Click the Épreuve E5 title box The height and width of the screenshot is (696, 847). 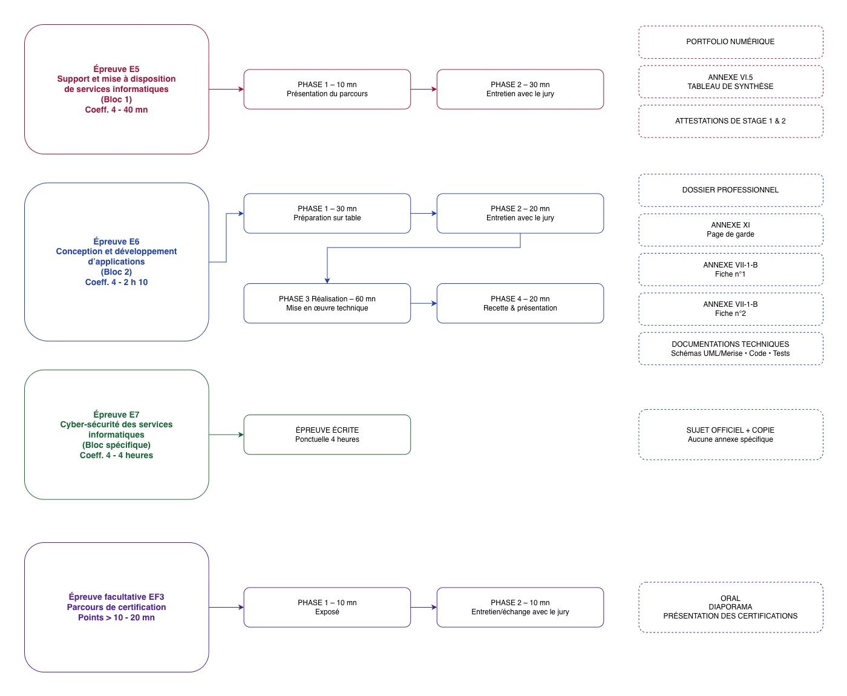[116, 89]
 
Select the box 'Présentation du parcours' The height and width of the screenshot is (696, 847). [327, 89]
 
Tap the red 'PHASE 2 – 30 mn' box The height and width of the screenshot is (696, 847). [520, 89]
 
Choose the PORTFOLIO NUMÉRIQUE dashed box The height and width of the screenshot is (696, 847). [730, 42]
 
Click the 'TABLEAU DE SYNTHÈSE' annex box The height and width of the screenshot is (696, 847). [730, 82]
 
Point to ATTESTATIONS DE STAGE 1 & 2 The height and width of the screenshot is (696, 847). [730, 121]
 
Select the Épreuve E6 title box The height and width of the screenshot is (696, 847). [116, 261]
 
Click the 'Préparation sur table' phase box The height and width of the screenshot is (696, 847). [327, 213]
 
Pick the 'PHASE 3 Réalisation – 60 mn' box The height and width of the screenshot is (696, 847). [327, 303]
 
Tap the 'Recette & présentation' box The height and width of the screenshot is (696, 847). [520, 303]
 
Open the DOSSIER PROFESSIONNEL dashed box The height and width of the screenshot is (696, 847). [730, 190]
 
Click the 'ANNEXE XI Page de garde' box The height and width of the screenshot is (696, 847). [730, 229]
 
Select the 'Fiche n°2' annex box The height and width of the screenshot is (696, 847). [730, 309]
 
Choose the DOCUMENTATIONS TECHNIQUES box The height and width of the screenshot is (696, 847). [730, 349]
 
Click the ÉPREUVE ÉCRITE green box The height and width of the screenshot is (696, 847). [327, 435]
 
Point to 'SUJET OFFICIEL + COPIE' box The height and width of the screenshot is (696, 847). [730, 435]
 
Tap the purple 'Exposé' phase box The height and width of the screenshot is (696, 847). [327, 607]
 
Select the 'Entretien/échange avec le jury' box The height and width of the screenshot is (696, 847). [520, 607]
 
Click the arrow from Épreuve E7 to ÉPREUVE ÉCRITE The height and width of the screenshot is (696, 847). [226, 435]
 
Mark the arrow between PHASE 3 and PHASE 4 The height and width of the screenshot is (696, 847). [423, 303]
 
